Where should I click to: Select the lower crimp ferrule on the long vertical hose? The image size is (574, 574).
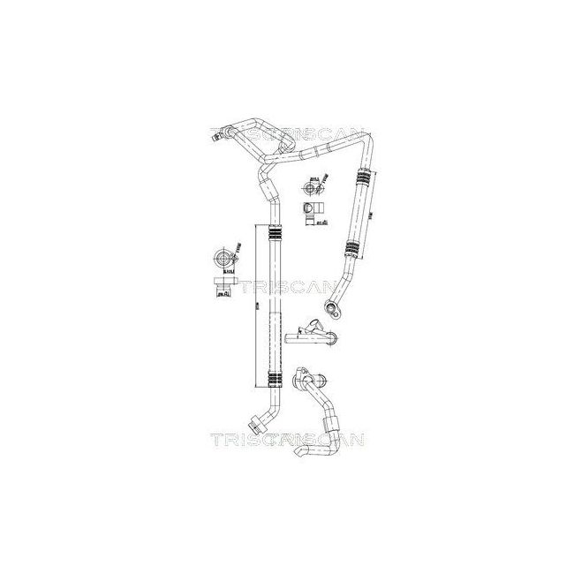point(271,380)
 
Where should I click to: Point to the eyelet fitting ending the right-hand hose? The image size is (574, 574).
point(334,307)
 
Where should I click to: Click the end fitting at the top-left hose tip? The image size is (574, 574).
point(227,134)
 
